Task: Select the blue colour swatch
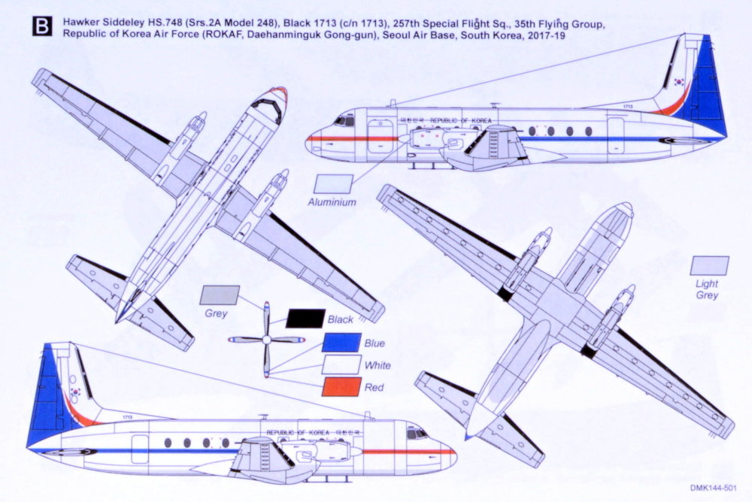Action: point(340,342)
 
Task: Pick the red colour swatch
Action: point(340,386)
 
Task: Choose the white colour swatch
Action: point(340,364)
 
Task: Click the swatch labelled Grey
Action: point(221,295)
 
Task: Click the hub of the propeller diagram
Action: point(266,340)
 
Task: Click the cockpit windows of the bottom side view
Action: point(417,434)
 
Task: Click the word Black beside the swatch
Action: point(341,319)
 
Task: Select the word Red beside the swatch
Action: point(374,387)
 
